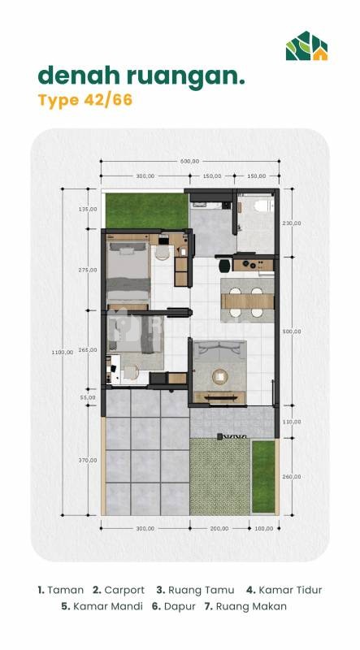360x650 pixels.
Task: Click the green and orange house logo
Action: point(306,45)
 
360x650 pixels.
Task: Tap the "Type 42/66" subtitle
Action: point(85,100)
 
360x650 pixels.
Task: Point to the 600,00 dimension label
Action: point(189,161)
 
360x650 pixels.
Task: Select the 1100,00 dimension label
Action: point(63,352)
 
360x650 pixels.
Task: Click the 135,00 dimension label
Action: point(88,209)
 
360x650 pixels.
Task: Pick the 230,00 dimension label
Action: point(292,223)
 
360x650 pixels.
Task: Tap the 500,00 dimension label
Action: point(292,331)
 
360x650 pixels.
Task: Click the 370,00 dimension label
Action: point(88,460)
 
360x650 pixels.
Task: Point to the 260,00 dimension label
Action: point(292,476)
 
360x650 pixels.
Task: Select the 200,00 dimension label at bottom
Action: point(219,528)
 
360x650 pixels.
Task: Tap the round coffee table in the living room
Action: point(219,377)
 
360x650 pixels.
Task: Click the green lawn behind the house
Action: point(145,210)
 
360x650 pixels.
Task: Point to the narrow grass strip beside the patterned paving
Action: point(263,476)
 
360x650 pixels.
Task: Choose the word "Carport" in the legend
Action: point(124,590)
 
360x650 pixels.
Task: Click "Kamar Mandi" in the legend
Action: point(108,606)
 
